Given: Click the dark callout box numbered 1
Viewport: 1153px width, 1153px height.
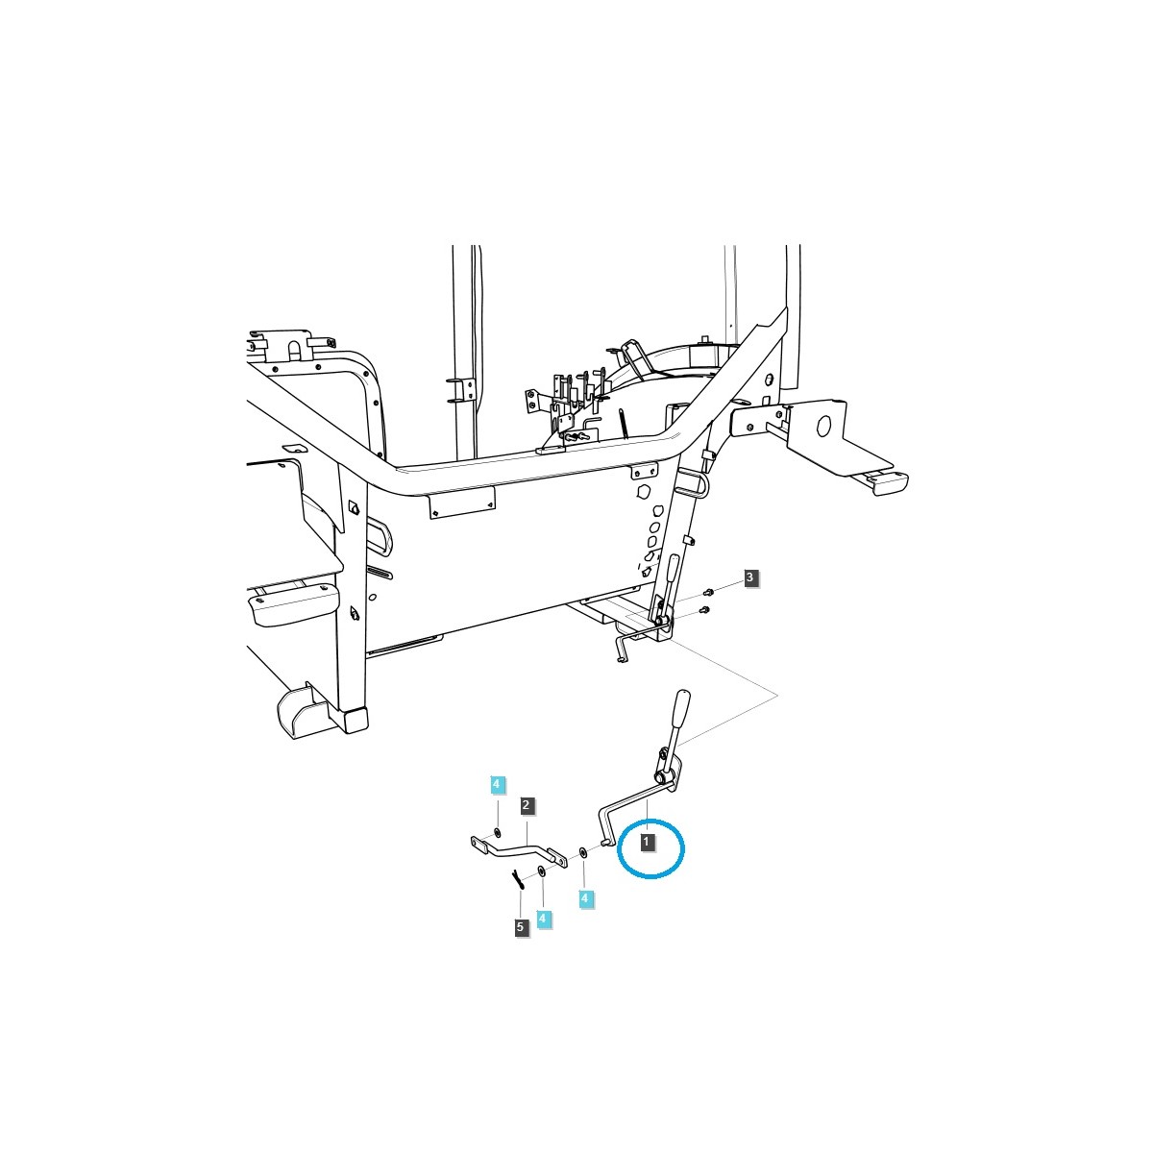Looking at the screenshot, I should [x=648, y=841].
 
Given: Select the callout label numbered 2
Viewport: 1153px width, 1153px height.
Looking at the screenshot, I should [x=527, y=804].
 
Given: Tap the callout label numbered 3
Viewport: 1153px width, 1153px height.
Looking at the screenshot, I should [x=750, y=577].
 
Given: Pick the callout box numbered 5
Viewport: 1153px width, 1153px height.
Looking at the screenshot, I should [x=521, y=927].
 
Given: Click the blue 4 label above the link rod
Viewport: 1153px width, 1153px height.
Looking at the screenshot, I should [x=496, y=784].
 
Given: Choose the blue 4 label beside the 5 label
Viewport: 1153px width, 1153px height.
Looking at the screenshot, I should [x=544, y=919].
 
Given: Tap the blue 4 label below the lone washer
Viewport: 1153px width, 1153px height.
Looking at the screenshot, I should [x=584, y=898].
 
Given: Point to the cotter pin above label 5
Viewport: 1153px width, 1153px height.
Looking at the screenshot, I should [x=517, y=876].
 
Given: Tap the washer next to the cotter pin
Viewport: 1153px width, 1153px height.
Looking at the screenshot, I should [x=542, y=871].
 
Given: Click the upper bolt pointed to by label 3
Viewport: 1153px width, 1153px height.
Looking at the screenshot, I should [x=708, y=592].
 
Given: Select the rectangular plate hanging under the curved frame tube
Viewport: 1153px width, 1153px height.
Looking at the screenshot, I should [x=461, y=501].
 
